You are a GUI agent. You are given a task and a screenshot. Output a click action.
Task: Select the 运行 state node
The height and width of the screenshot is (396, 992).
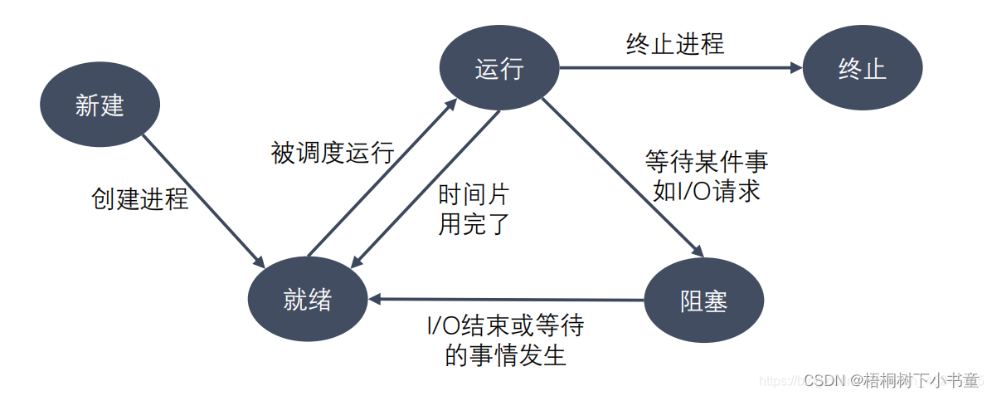point(499,68)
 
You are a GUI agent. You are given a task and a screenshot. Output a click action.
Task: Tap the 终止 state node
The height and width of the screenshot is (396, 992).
point(862,68)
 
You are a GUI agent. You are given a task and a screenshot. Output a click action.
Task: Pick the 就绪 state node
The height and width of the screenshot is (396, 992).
point(307,300)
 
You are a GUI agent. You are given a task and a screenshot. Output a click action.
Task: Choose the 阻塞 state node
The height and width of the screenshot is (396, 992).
point(703,300)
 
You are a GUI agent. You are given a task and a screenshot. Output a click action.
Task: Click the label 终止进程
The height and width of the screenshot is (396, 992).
point(674,43)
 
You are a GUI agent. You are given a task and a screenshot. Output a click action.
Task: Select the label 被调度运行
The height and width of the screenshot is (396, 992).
point(332,153)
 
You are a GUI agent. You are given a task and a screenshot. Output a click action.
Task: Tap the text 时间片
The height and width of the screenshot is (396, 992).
point(473,195)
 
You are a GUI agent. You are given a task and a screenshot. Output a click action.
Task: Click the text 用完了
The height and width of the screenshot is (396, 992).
point(473,223)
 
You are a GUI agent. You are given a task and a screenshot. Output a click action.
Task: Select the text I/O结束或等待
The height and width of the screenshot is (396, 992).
point(505,325)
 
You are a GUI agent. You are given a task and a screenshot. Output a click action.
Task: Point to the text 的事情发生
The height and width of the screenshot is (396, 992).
point(505,355)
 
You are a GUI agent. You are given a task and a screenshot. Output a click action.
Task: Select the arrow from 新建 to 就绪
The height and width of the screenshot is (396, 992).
point(203,196)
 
